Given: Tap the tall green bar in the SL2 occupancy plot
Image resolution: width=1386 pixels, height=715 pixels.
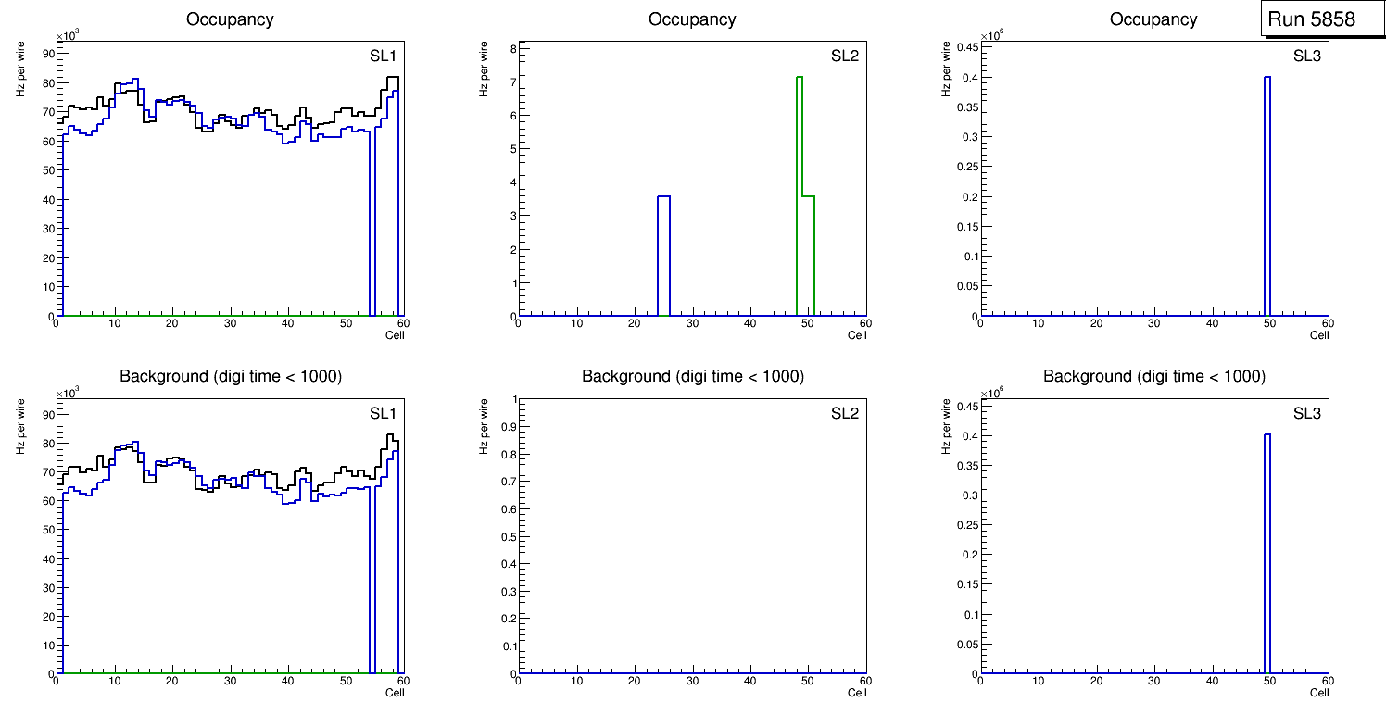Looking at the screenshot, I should coord(800,185).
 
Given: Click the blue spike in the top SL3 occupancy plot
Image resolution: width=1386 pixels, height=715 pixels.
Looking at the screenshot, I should coord(1266,194).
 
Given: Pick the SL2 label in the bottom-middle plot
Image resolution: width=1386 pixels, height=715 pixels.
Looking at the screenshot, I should coord(844,413).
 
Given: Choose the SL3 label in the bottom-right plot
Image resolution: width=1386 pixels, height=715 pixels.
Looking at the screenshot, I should coord(1306,413).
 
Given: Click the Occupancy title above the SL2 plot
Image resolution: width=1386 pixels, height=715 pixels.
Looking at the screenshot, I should coord(692,19).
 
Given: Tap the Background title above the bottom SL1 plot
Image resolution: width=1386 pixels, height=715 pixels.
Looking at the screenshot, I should coord(231,376).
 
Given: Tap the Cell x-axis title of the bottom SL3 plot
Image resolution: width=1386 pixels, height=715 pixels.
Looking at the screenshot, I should coord(1319,693).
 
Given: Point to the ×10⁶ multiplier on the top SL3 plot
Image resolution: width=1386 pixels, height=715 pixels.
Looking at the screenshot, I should coord(993,35).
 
